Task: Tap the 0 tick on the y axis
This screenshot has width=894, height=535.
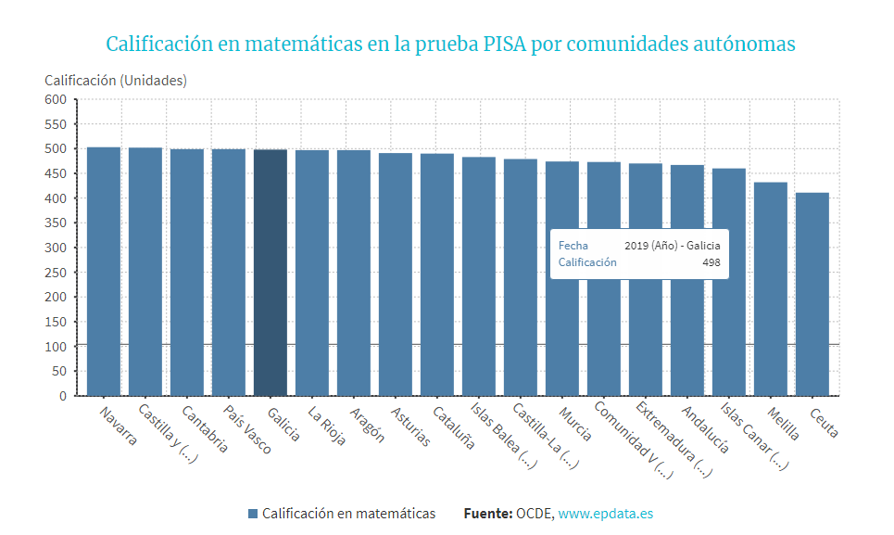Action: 62,396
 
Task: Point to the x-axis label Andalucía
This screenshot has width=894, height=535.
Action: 706,429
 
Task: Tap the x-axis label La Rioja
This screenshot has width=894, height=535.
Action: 327,426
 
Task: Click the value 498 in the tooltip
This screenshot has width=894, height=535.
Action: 711,262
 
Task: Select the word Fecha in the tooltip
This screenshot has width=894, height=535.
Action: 573,246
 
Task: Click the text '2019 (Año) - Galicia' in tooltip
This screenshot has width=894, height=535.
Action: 672,246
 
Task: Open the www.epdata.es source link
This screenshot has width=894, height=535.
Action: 606,513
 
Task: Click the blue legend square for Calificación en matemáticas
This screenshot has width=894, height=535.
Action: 253,514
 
